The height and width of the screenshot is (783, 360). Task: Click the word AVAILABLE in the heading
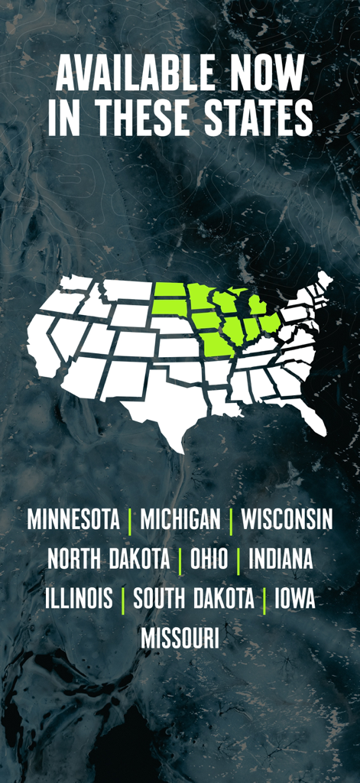click(123, 76)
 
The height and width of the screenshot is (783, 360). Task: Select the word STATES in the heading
click(255, 118)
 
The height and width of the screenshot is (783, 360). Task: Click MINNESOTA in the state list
click(73, 520)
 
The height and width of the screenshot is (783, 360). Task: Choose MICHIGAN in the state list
click(180, 520)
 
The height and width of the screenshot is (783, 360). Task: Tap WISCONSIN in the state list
click(287, 520)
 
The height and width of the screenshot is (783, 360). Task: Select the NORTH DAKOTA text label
click(109, 559)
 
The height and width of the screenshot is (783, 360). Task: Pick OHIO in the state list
click(209, 559)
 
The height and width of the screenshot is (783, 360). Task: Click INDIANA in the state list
click(281, 559)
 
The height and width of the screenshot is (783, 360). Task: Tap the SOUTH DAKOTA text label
click(193, 599)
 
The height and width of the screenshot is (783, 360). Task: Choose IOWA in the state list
click(295, 599)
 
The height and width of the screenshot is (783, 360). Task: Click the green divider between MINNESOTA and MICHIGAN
click(130, 521)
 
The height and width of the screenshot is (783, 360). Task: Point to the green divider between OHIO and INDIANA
click(238, 560)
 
